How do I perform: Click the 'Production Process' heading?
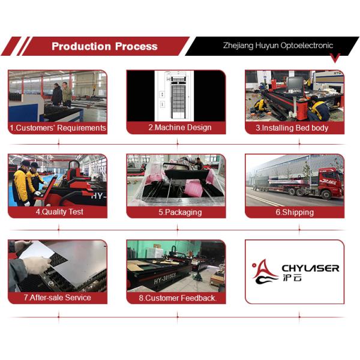(x=104, y=46)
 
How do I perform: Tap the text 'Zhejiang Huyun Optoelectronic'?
(x=278, y=45)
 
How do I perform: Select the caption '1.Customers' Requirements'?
(x=58, y=128)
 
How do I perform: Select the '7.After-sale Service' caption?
(x=58, y=297)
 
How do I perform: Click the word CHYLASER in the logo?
(x=310, y=268)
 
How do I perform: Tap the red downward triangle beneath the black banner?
(x=335, y=58)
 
